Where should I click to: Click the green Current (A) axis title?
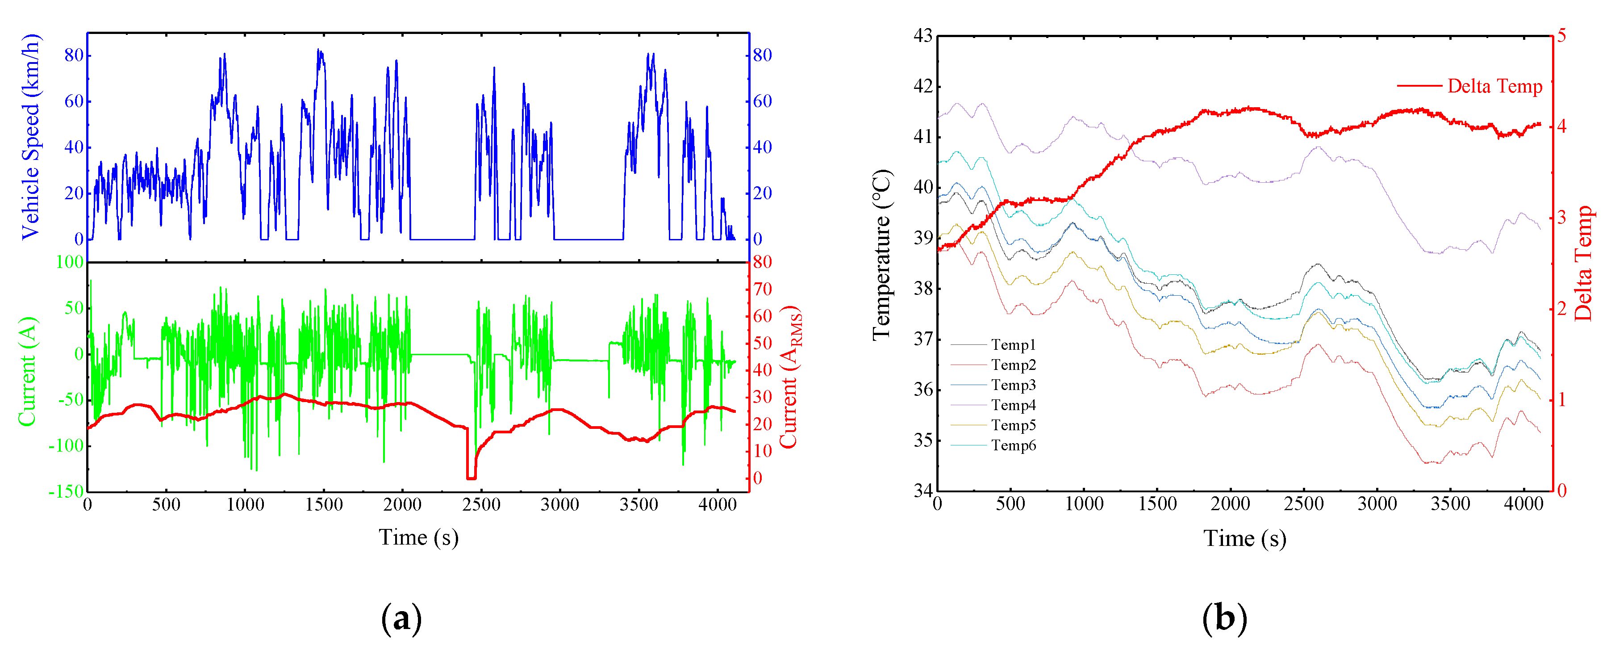pyautogui.click(x=28, y=372)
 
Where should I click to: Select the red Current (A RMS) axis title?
pyautogui.click(x=790, y=377)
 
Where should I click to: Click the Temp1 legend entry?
pyautogui.click(x=1013, y=345)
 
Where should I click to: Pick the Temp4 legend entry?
pyautogui.click(x=1013, y=405)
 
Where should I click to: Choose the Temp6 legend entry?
pyautogui.click(x=1013, y=445)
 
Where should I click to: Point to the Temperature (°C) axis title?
pyautogui.click(x=882, y=255)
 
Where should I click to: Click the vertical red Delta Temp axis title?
pyautogui.click(x=1583, y=263)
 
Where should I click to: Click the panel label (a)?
pyautogui.click(x=401, y=618)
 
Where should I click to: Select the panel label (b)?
pyautogui.click(x=1224, y=618)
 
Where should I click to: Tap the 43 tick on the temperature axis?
pyautogui.click(x=922, y=36)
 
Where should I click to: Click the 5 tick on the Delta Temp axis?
pyautogui.click(x=1561, y=36)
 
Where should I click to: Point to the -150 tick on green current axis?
pyautogui.click(x=66, y=492)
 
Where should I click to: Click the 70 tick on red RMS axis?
pyautogui.click(x=762, y=289)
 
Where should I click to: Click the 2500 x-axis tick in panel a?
pyautogui.click(x=481, y=504)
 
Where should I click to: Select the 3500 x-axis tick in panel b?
pyautogui.click(x=1450, y=504)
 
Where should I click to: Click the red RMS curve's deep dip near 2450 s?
pyautogui.click(x=471, y=477)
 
